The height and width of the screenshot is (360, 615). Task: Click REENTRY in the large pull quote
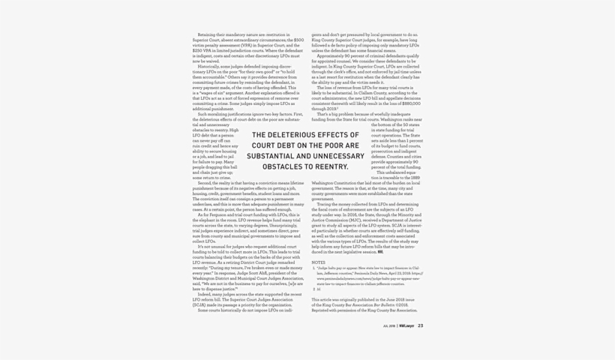tap(331, 166)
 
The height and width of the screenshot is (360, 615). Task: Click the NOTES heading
tap(318, 262)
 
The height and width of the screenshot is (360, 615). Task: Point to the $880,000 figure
tap(412, 103)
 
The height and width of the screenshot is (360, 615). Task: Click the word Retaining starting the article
tap(206, 34)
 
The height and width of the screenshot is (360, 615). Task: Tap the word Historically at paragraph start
tap(209, 66)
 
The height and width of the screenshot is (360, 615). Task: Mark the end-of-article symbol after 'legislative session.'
tap(380, 252)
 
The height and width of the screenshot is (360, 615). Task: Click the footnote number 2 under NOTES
tap(313, 289)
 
